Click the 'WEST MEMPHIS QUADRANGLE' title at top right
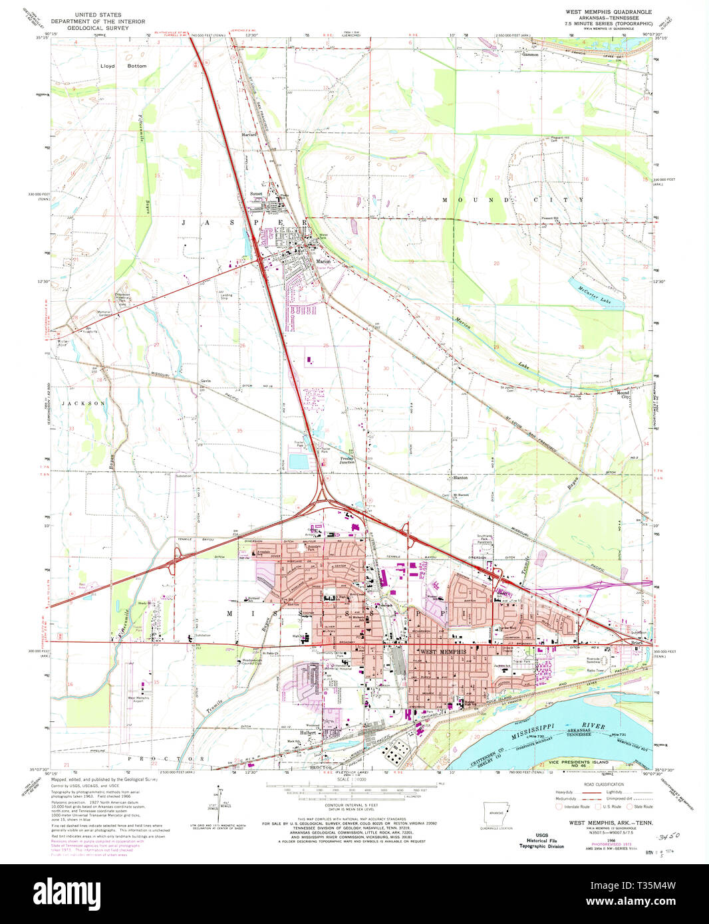608,12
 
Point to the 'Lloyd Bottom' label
114,66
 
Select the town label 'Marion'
323,261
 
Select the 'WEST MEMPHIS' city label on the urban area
440,651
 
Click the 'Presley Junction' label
347,459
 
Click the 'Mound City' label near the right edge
624,394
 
